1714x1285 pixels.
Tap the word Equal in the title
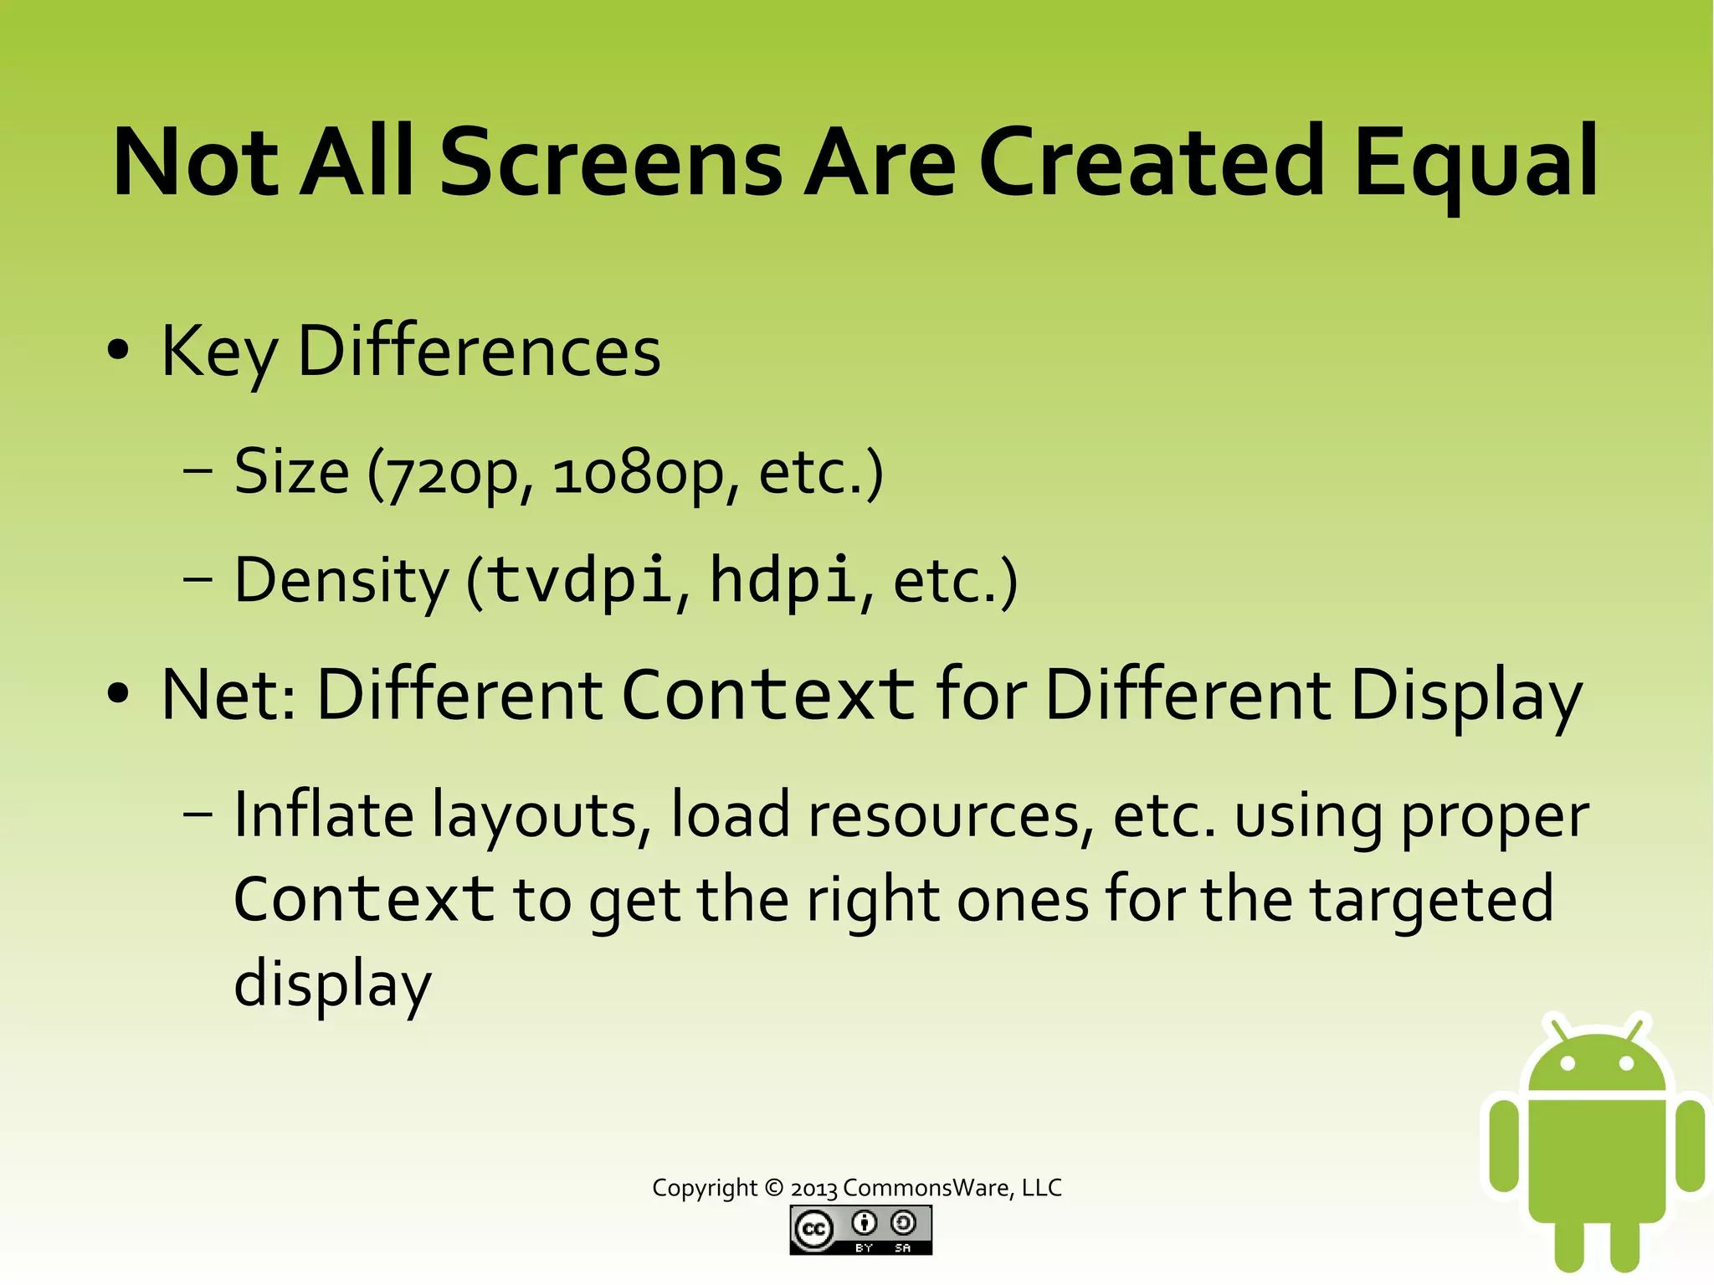click(1475, 164)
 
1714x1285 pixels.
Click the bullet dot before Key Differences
click(119, 351)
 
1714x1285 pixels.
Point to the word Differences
click(479, 352)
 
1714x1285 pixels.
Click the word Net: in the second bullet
click(228, 695)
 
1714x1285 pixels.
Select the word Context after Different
click(768, 695)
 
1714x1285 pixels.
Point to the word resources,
click(951, 816)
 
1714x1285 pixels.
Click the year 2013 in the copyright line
click(813, 1189)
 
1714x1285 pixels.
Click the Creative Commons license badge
click(860, 1230)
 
